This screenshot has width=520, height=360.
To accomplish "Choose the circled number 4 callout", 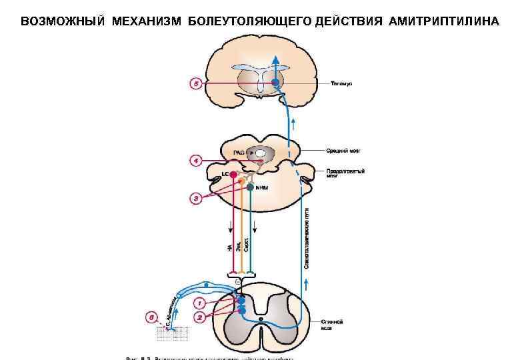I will pos(196,161).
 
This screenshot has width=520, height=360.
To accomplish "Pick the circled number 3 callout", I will pos(196,197).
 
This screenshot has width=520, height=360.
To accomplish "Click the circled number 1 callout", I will pos(199,303).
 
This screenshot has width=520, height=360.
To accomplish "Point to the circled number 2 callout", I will pos(199,318).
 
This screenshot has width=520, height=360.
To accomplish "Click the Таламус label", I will pos(342,83).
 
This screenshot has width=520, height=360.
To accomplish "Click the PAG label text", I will pos(238,153).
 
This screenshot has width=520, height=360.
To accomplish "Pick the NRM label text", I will pos(261,187).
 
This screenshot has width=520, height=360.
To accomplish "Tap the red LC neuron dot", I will pos(233,175).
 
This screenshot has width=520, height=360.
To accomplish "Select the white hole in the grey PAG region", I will pos(259,153).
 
